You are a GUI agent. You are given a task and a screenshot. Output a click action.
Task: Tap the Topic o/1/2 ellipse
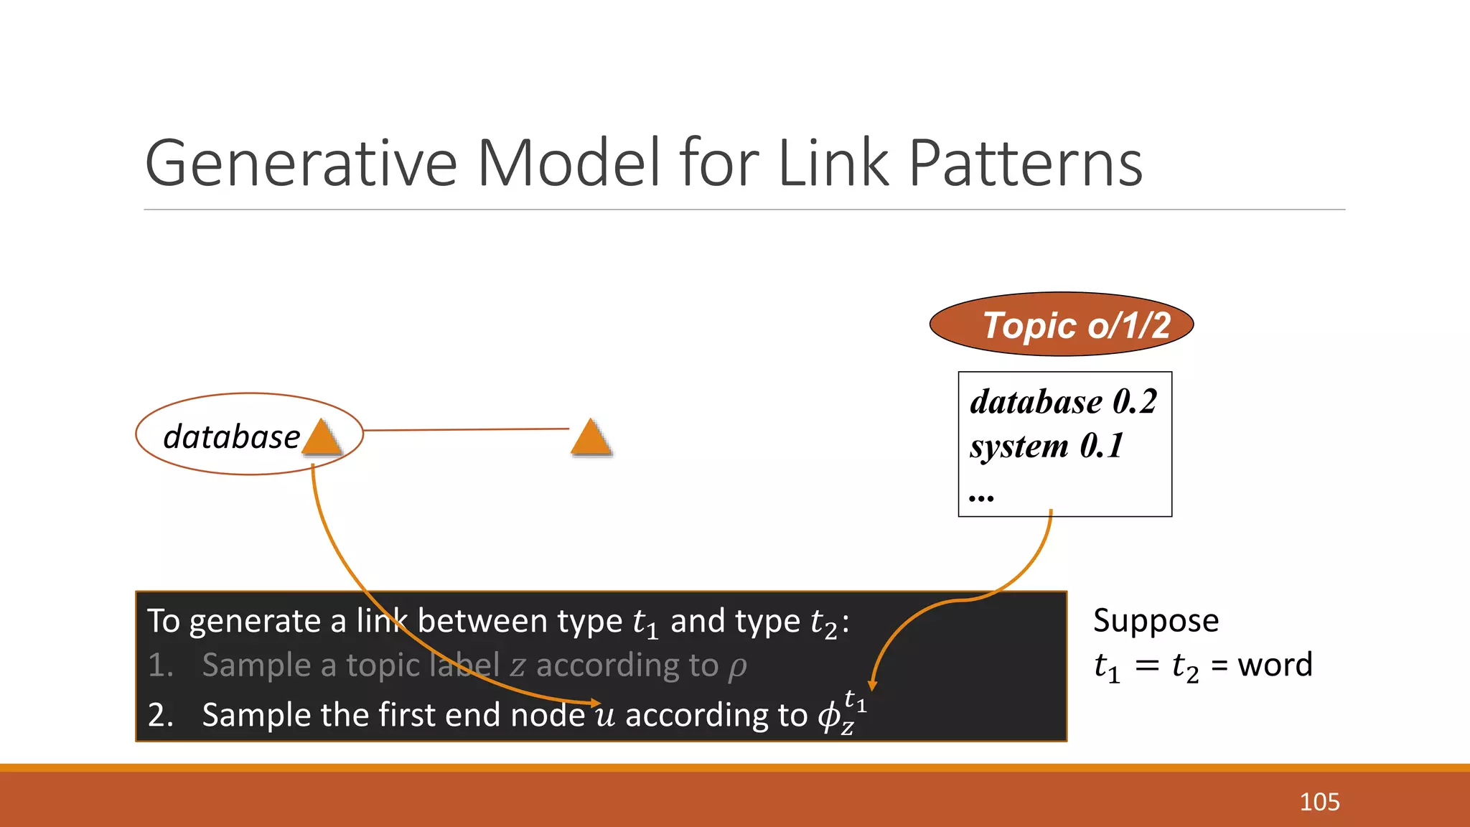pyautogui.click(x=1061, y=324)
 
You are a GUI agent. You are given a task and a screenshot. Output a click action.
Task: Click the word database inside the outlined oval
pyautogui.click(x=231, y=436)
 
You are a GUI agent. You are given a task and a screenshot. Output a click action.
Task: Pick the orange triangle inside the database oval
pyautogui.click(x=322, y=438)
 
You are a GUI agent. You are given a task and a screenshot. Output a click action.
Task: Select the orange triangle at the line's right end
pyautogui.click(x=591, y=438)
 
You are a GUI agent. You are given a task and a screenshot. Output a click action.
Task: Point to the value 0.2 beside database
pyautogui.click(x=1134, y=401)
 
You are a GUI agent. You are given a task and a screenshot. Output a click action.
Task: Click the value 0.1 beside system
pyautogui.click(x=1101, y=446)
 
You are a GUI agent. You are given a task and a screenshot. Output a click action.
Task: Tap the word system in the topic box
pyautogui.click(x=1019, y=447)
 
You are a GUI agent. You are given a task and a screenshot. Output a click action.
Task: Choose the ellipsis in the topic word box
pyautogui.click(x=981, y=497)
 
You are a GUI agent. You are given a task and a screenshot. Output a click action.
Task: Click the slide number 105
pyautogui.click(x=1319, y=802)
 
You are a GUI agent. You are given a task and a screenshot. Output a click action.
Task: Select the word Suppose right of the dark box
pyautogui.click(x=1156, y=621)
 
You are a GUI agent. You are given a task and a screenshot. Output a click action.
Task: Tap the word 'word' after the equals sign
pyautogui.click(x=1275, y=665)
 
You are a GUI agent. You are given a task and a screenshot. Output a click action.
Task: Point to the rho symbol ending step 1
pyautogui.click(x=737, y=667)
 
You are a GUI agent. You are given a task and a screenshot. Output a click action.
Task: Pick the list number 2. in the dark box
pyautogui.click(x=161, y=715)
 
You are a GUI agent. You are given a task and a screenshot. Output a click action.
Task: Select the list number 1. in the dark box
pyautogui.click(x=161, y=665)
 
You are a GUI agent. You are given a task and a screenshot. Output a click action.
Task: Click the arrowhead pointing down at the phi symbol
pyautogui.click(x=872, y=686)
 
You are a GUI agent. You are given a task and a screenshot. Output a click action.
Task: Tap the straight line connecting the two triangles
pyautogui.click(x=467, y=429)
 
